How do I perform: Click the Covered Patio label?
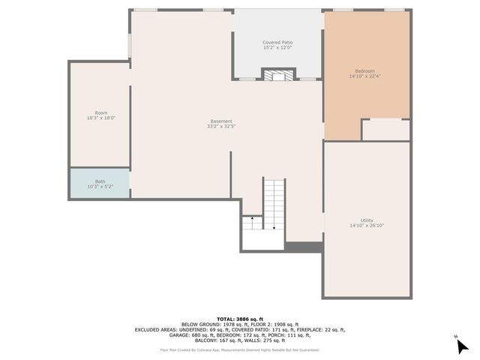(277, 43)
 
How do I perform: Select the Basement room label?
(220, 121)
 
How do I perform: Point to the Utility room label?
(367, 220)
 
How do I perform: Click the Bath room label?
(100, 181)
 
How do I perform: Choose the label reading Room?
(100, 113)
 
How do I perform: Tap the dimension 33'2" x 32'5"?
(220, 127)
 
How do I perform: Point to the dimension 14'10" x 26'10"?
(367, 226)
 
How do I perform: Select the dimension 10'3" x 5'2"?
(100, 186)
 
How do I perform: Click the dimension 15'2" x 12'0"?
(277, 48)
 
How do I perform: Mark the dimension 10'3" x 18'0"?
(100, 118)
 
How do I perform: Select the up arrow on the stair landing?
(253, 219)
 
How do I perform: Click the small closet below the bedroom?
(385, 130)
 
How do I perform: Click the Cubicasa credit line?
(239, 349)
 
